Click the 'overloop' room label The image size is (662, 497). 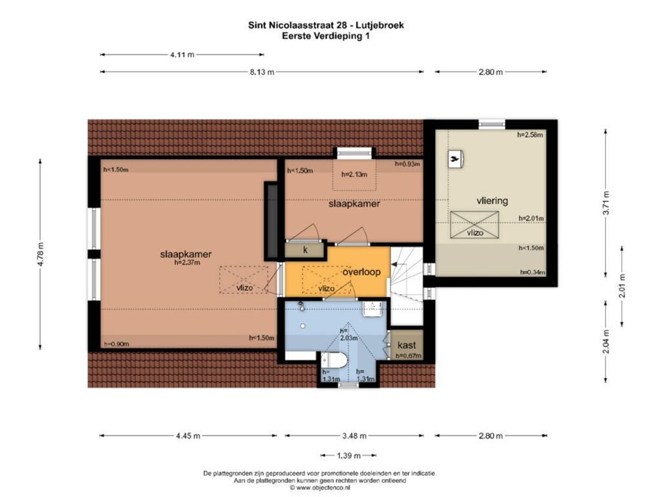pos(361,272)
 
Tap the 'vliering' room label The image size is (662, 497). pos(492,201)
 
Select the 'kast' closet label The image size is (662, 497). pos(407,345)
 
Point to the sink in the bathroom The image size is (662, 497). pos(373,309)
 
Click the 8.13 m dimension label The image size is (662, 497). pos(262,72)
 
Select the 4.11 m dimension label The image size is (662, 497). pos(182,54)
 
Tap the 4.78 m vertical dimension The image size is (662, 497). pos(41,254)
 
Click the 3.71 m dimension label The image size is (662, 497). pos(606,203)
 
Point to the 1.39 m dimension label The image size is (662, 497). pos(348,456)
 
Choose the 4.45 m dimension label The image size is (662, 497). pos(188,436)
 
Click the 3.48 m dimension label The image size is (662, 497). pos(354,436)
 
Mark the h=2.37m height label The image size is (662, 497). pos(187,263)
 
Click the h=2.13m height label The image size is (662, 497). pos(354,174)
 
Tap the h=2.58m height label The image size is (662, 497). pos(530,135)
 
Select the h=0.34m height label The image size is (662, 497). pos(533,272)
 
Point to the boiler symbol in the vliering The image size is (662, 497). pos(455,159)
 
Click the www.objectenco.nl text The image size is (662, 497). pos(319,487)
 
